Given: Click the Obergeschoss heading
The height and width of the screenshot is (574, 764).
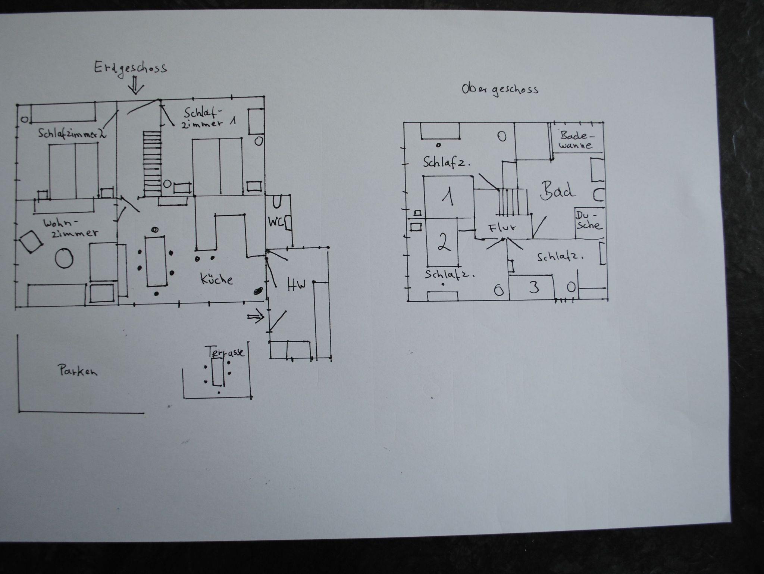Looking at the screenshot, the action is (500, 90).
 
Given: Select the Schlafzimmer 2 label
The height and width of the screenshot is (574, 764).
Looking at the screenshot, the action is (72, 133).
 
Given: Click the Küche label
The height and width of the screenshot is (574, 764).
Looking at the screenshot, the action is (217, 278).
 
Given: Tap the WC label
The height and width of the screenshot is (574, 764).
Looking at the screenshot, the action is (276, 221).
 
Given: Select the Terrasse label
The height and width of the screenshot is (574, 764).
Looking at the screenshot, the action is (225, 352).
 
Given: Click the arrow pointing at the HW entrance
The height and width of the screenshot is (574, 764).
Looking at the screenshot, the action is (256, 317).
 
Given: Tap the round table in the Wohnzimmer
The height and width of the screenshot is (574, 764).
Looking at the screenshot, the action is (64, 258).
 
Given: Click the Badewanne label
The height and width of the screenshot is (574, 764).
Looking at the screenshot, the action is (576, 140).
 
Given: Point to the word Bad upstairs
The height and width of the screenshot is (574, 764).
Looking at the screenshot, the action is (557, 190).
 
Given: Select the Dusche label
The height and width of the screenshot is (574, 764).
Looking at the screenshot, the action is (589, 220).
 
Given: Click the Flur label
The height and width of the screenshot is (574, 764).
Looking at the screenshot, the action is (502, 228).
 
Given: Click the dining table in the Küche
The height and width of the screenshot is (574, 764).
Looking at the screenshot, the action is (156, 261).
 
